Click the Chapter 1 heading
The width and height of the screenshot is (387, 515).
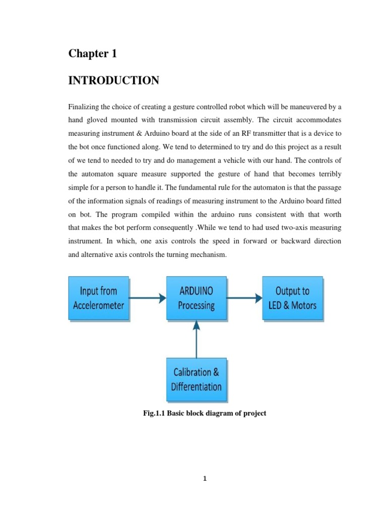pyautogui.click(x=93, y=54)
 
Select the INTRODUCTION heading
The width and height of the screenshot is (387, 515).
pyautogui.click(x=114, y=80)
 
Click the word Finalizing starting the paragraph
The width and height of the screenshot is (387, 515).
pyautogui.click(x=84, y=107)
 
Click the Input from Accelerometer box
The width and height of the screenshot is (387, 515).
pyautogui.click(x=99, y=298)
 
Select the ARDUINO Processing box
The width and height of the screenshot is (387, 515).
pyautogui.click(x=197, y=298)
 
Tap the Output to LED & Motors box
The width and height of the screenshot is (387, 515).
pyautogui.click(x=292, y=298)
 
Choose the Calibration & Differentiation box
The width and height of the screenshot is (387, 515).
pyautogui.click(x=197, y=380)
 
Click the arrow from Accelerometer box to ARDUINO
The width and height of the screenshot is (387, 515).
pyautogui.click(x=148, y=298)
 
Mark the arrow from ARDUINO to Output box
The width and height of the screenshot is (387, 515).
pyautogui.click(x=244, y=298)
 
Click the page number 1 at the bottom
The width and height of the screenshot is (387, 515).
pyautogui.click(x=205, y=479)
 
